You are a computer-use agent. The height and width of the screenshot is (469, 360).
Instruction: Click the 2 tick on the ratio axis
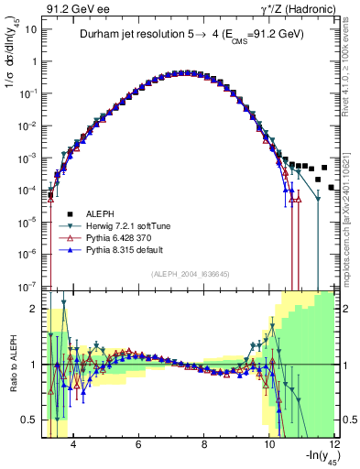pyautogui.click(x=34, y=309)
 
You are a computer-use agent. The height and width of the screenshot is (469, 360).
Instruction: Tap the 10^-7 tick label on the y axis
pyautogui.click(x=28, y=287)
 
